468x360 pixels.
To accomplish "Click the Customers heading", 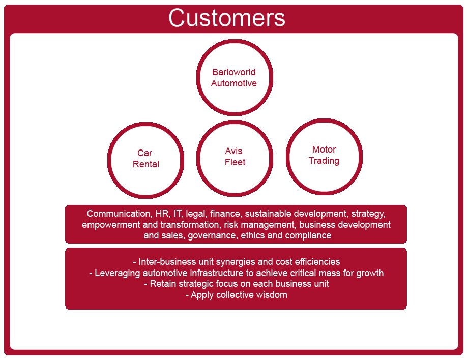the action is [227, 18].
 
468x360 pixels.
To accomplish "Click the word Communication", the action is [119, 214].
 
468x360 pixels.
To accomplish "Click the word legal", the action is [195, 214].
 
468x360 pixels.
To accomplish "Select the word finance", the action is [225, 214].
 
